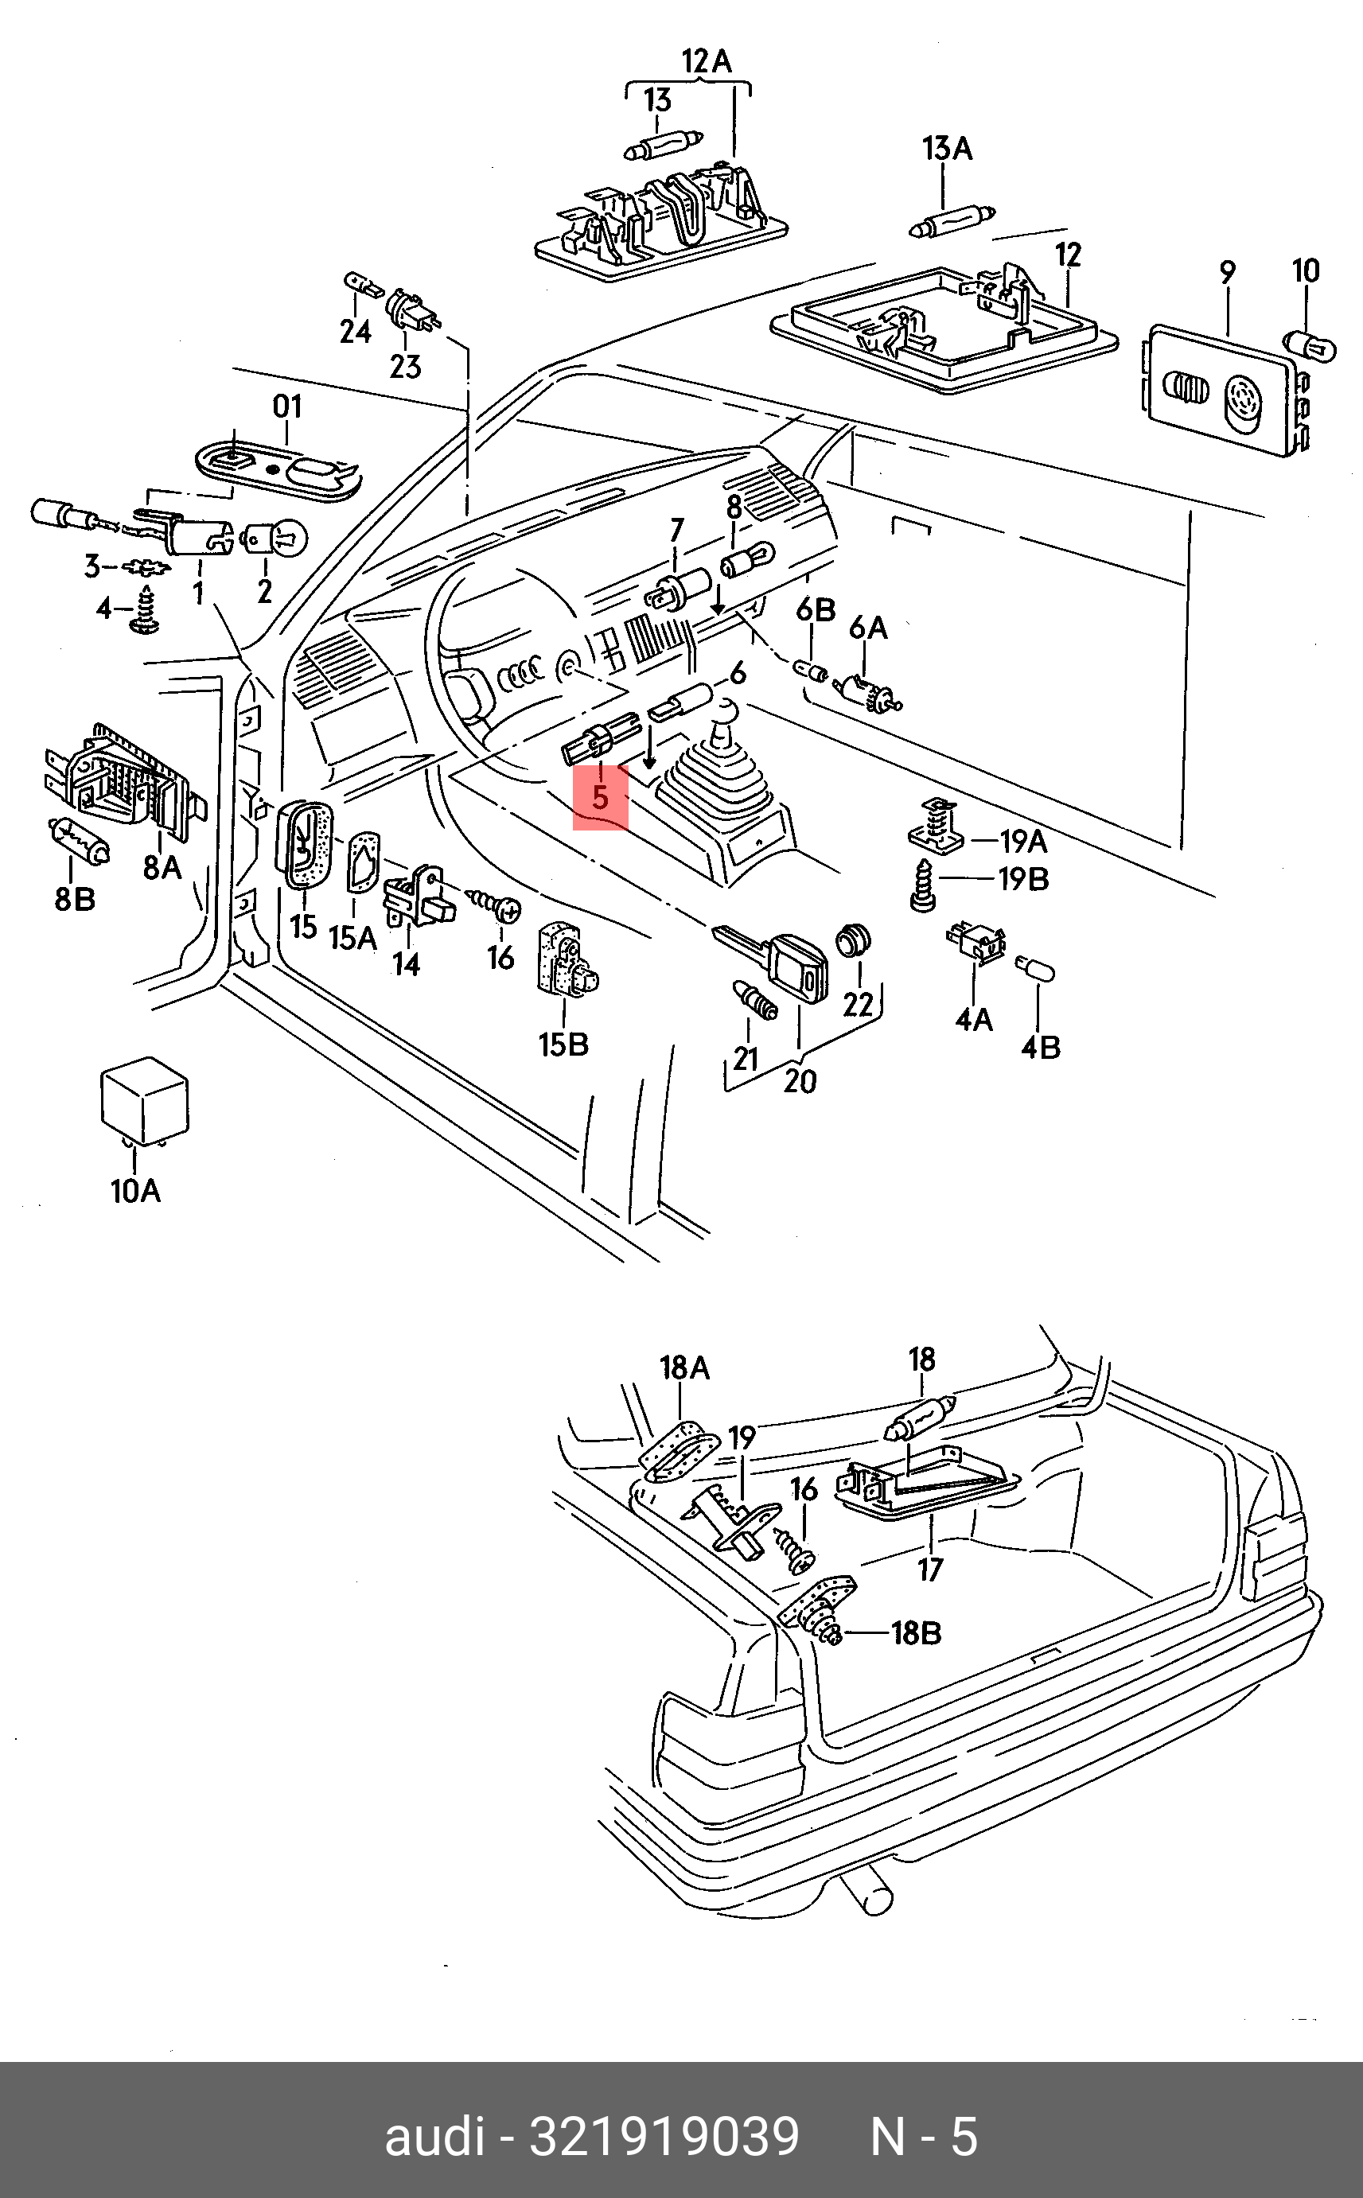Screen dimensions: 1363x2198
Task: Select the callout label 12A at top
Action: coord(707,61)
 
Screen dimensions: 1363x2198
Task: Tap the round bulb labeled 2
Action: coord(275,539)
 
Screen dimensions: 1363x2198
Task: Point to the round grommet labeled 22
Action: coord(853,941)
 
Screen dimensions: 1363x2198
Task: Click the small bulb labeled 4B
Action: coord(1035,968)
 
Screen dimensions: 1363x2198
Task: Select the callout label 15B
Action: coord(563,1045)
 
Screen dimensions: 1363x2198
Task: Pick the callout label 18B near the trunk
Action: coord(916,1632)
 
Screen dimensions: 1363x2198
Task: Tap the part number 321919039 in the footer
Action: coord(664,2136)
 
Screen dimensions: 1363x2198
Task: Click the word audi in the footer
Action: coord(434,2136)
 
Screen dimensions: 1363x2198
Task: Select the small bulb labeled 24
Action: coord(364,286)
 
